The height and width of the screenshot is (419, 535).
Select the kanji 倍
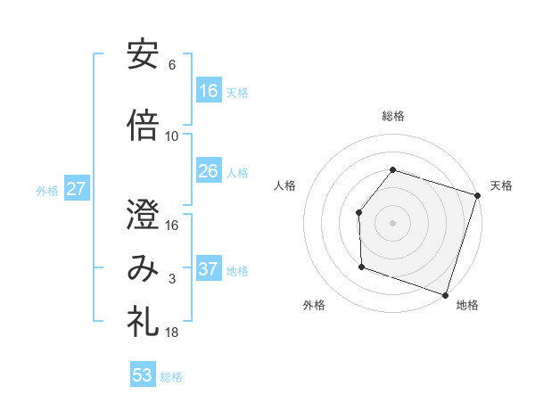143,126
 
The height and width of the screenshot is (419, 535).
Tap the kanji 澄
143,214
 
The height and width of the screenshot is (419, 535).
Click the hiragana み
143,269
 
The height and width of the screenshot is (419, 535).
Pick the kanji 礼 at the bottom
143,322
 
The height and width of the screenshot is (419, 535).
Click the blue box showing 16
209,91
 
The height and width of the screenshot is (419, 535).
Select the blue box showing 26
209,171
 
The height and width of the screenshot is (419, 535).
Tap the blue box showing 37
209,269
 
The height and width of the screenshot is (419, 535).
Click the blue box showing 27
76,189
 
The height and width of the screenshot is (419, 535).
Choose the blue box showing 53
143,375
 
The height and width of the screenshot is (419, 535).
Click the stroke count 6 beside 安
172,65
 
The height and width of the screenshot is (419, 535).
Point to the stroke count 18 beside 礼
172,333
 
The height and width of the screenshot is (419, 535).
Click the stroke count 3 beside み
172,280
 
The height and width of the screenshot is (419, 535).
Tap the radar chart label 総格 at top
392,116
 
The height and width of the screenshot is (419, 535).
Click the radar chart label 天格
502,185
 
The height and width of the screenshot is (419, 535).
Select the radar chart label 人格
285,185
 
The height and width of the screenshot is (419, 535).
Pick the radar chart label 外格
314,306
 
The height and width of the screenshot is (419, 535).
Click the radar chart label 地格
467,306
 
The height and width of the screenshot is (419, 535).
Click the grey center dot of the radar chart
392,222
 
